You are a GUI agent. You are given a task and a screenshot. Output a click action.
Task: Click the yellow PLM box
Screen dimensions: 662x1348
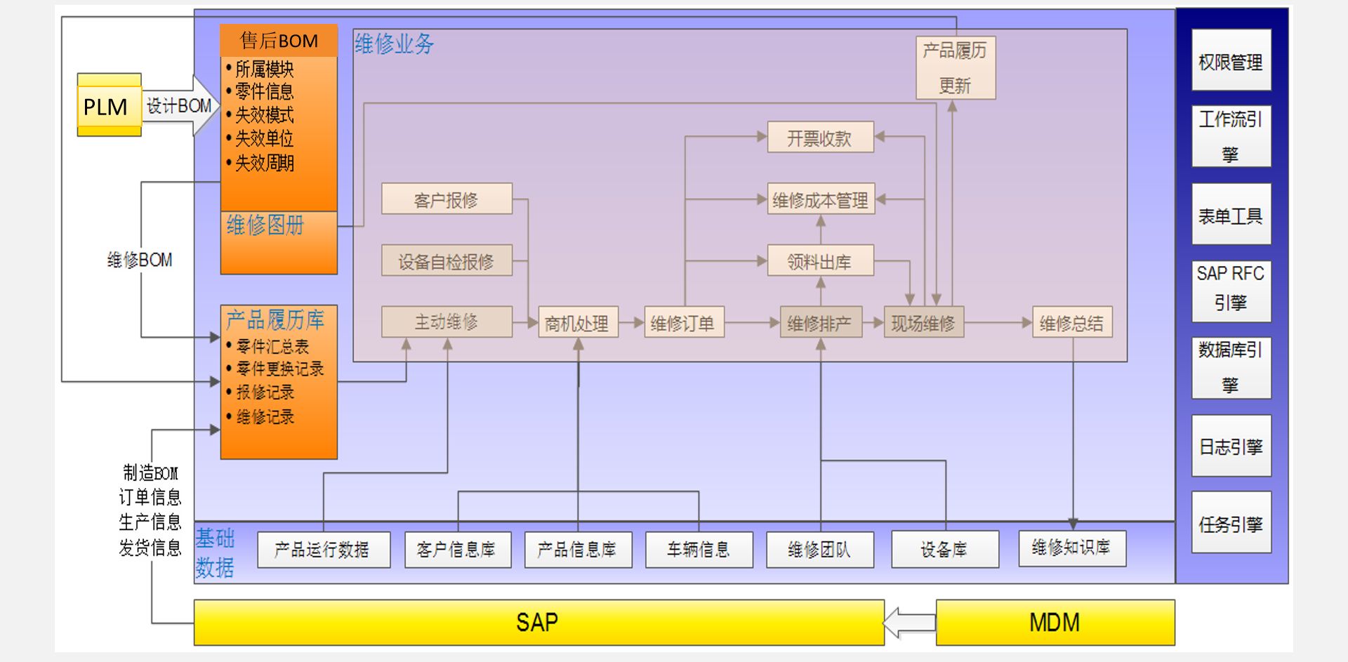pos(109,106)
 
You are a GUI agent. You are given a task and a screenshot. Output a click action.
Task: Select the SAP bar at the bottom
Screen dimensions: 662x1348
pos(538,622)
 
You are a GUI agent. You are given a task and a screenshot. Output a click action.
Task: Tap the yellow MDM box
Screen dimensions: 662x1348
pos(1055,622)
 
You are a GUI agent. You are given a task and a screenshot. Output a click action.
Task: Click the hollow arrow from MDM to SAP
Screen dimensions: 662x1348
pos(909,623)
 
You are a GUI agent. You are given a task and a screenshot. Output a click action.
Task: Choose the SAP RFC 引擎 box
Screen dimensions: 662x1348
pos(1231,291)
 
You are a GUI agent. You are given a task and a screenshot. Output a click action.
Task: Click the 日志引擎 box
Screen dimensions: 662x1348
pos(1231,446)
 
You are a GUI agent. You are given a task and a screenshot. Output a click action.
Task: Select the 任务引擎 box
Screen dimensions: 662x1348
pos(1231,523)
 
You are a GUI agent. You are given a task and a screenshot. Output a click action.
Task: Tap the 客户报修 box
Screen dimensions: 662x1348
pos(447,199)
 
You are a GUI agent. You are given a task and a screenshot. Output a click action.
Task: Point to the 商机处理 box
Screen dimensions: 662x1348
pos(578,323)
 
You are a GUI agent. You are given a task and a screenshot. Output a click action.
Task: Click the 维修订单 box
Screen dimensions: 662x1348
pos(683,323)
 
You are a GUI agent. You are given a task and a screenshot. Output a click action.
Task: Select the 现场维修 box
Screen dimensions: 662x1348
pos(923,323)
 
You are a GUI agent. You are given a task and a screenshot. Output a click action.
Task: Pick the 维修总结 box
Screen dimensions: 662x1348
pos(1071,323)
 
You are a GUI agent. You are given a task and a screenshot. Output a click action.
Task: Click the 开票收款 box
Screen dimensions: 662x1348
pos(819,138)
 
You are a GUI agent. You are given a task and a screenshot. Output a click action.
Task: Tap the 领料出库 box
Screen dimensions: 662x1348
pos(819,261)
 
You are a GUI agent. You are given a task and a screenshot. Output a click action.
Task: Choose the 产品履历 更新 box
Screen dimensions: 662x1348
pos(955,68)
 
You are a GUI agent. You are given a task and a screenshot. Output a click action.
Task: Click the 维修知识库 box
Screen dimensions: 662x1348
pos(1071,548)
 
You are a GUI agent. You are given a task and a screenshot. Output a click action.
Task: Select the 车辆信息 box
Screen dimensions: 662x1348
pos(699,549)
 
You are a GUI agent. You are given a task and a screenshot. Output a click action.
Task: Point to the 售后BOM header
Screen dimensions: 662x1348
pos(279,41)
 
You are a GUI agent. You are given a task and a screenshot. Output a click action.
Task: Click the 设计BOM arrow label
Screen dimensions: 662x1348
pos(179,106)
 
